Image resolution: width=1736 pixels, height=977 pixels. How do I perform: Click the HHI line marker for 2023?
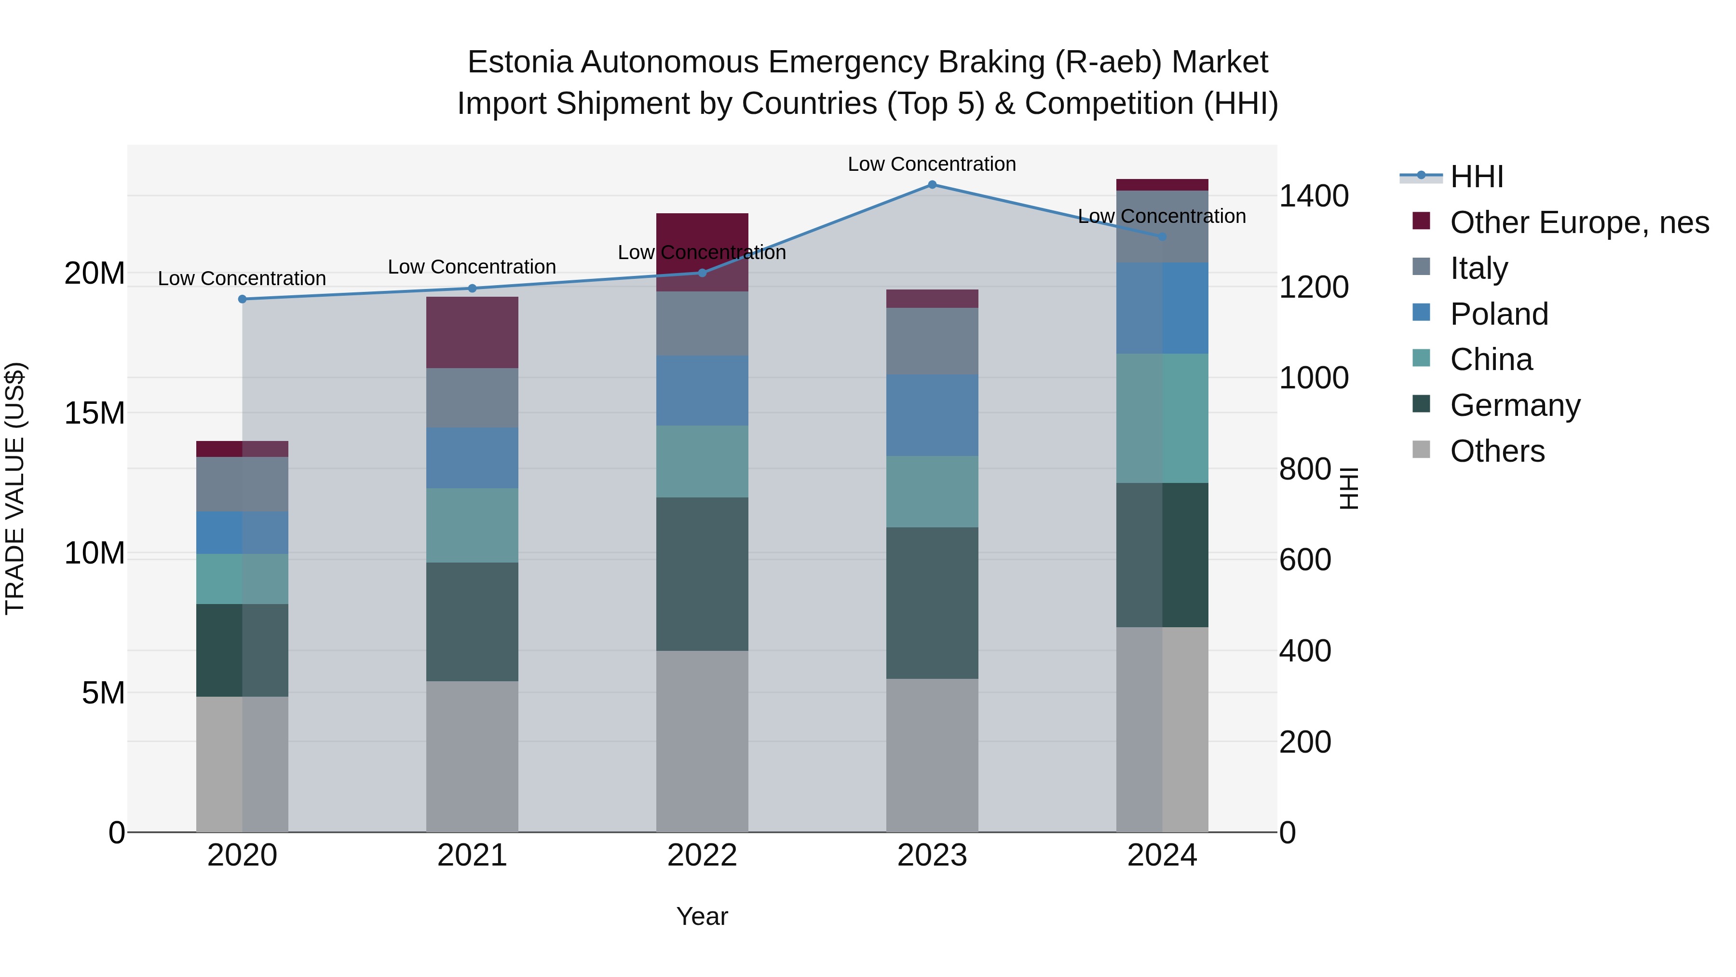932,184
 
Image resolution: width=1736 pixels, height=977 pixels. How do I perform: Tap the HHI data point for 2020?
243,299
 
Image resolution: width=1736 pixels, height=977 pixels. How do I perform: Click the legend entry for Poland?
1499,314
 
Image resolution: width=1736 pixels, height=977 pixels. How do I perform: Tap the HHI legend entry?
1476,177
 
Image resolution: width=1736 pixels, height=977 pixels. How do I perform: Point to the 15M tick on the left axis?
95,413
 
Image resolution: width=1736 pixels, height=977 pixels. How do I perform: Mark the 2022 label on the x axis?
702,855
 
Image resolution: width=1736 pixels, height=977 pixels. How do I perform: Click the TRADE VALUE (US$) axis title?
15,488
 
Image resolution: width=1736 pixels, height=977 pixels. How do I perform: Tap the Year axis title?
702,916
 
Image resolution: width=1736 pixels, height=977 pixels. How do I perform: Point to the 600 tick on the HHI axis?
1305,560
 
